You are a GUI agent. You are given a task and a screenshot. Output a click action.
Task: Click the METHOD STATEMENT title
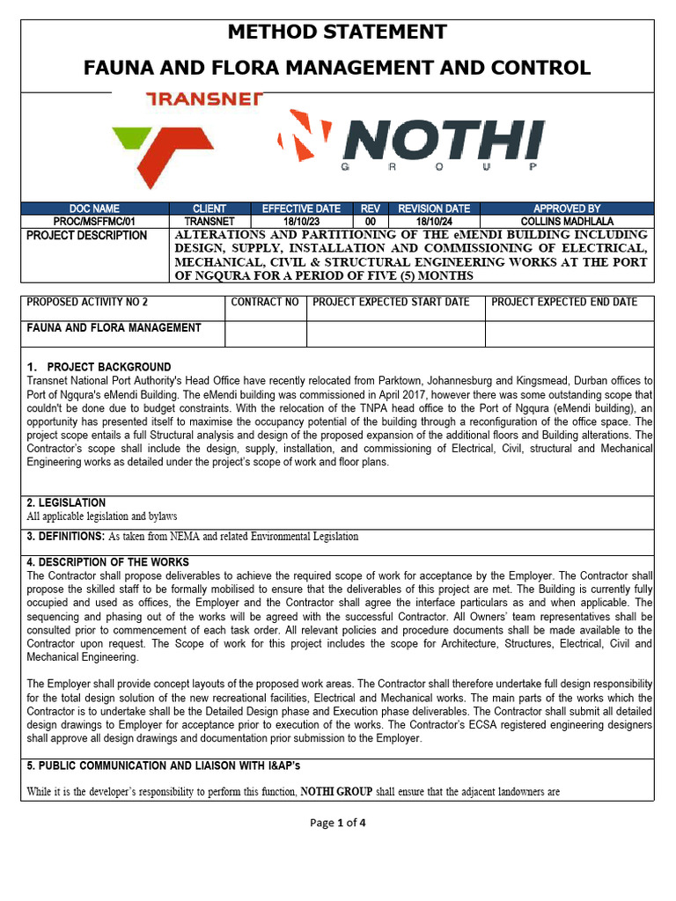click(337, 33)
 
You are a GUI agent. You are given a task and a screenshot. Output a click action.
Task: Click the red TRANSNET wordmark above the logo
click(203, 99)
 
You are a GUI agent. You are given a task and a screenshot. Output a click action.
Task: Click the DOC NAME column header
click(94, 209)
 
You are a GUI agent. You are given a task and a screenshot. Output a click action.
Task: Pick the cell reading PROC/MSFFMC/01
click(94, 222)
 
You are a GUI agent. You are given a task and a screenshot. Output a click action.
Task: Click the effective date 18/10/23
click(300, 222)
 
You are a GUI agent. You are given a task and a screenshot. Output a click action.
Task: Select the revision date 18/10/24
click(433, 222)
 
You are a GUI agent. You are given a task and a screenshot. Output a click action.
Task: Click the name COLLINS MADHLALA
click(567, 222)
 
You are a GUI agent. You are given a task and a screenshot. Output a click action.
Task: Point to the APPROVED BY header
click(567, 209)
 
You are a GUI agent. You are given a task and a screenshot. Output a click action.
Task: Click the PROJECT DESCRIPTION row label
click(87, 236)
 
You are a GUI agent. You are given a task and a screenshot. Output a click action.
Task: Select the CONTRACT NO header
click(265, 303)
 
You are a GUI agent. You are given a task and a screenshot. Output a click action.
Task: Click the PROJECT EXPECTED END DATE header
click(564, 303)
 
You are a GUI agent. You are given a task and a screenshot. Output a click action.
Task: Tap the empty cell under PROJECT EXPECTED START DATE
click(395, 334)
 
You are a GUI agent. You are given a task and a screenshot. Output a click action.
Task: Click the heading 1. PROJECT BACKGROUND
click(99, 367)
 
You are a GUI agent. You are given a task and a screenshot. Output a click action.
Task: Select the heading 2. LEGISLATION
click(66, 502)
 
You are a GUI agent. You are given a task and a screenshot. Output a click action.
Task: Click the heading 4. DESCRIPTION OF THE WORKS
click(107, 562)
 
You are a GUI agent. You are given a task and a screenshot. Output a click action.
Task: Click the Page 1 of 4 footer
click(337, 824)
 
